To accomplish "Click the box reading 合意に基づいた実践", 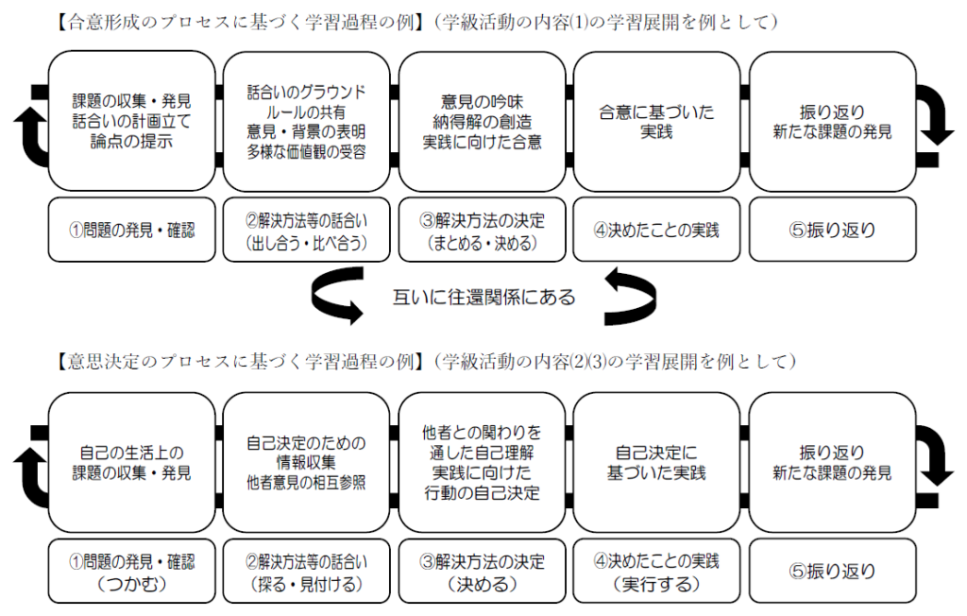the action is click(656, 122).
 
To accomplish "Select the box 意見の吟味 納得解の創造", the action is click(482, 122).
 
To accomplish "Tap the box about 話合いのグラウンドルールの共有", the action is click(307, 122).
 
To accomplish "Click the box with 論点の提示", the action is click(131, 122).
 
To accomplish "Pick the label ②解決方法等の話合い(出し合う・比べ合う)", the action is click(307, 231).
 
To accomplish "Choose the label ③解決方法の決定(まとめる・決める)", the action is click(482, 231).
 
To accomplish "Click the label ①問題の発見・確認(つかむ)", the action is click(131, 572).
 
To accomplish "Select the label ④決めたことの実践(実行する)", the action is click(656, 572).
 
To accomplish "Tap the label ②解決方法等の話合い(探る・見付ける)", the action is click(307, 572).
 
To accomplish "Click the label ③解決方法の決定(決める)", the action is click(482, 572).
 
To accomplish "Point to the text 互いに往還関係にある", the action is click(484, 298).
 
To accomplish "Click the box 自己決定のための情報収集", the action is click(307, 463).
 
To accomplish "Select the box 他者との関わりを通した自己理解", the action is click(482, 463).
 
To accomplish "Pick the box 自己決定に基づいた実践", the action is click(656, 463).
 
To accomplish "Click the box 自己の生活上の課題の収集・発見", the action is click(131, 463).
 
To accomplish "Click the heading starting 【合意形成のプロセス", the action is click(416, 23).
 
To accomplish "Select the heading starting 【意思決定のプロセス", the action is click(426, 361).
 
